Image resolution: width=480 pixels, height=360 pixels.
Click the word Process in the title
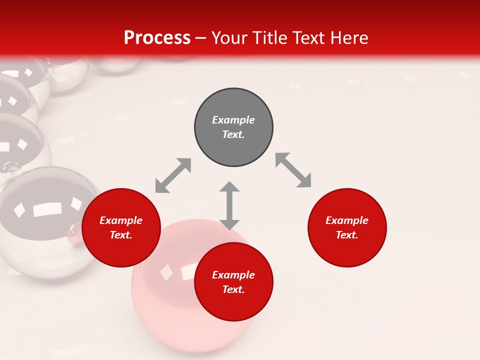pos(157,38)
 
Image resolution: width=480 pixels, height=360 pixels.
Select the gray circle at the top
pos(233,127)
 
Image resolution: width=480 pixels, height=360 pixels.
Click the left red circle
pos(121,228)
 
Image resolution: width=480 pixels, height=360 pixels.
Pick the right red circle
pos(347,228)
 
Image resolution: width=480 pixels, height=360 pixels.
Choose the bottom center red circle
pos(233,282)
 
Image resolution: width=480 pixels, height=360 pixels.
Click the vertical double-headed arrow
pos(229,205)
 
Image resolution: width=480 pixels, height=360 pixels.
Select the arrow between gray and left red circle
pos(173,175)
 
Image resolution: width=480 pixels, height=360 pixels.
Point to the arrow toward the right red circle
pos(293,170)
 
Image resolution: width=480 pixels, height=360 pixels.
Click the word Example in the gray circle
pos(233,120)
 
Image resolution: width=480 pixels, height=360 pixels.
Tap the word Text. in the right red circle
pos(347,235)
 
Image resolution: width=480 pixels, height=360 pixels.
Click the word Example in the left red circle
pos(121,220)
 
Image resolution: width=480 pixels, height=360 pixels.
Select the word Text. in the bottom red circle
pos(233,289)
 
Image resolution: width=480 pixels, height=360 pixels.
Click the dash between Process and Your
pos(201,38)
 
